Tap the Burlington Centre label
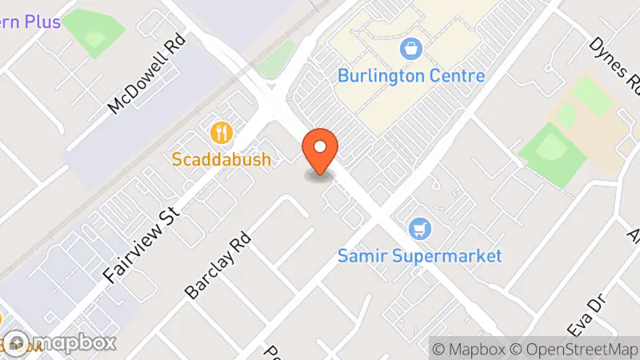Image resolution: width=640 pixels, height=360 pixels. coord(411,77)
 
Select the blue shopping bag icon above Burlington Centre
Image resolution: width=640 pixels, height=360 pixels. coord(411,50)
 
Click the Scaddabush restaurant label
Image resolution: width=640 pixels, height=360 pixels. coord(222,159)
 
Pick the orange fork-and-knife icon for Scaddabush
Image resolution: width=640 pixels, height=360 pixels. coord(221,131)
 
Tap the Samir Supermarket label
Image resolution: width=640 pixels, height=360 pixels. coord(419,256)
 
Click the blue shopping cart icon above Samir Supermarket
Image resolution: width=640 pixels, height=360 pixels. coord(418,230)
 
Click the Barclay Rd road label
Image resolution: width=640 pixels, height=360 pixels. coord(218,266)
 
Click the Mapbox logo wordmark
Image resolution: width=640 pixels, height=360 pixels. coord(60,342)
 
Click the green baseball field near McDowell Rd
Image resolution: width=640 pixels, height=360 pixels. coord(94,30)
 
